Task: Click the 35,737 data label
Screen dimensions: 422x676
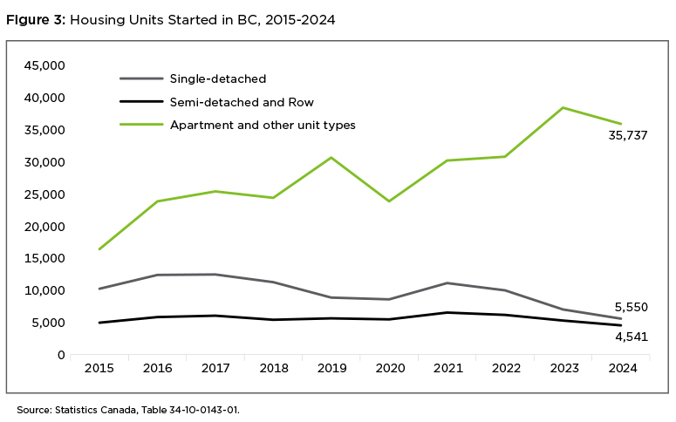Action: pyautogui.click(x=628, y=135)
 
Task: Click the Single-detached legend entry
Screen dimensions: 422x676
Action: pyautogui.click(x=219, y=79)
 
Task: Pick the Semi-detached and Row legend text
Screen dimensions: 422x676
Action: pyautogui.click(x=242, y=102)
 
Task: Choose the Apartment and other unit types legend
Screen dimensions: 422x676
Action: pyautogui.click(x=263, y=125)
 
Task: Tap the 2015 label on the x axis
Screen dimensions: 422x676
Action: pyautogui.click(x=99, y=369)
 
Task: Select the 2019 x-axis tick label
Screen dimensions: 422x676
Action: pyautogui.click(x=331, y=369)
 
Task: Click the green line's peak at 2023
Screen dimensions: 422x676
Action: pyautogui.click(x=563, y=107)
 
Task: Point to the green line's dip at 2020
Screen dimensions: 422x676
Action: pyautogui.click(x=389, y=201)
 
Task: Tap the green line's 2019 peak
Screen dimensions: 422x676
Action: pyautogui.click(x=331, y=158)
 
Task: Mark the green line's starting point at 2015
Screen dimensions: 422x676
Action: pyautogui.click(x=99, y=249)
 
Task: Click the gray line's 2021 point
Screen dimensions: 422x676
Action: pyautogui.click(x=447, y=282)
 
